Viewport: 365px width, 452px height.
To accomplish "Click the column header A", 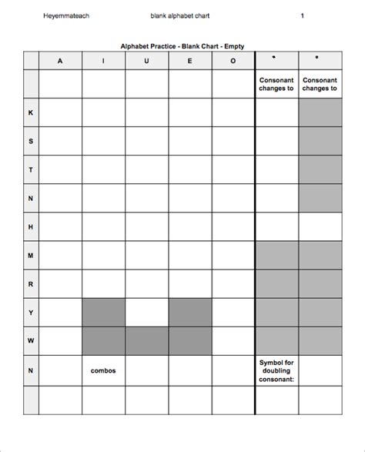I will tap(60, 61).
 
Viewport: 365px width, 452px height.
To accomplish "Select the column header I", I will tap(103, 61).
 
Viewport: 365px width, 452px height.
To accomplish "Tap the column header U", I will tap(146, 61).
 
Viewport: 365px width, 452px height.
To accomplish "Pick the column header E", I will tap(189, 61).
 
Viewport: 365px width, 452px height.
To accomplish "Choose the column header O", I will tap(233, 61).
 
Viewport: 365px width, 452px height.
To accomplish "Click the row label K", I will tap(31, 112).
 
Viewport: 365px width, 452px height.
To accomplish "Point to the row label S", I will tap(31, 141).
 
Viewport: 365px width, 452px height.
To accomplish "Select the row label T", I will tap(31, 169).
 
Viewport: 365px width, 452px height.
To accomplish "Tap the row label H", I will tap(31, 226).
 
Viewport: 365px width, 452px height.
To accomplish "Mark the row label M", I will tap(31, 255).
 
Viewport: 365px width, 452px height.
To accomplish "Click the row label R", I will tap(31, 283).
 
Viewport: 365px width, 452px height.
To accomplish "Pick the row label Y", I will tap(31, 312).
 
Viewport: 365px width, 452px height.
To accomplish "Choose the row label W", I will tap(31, 340).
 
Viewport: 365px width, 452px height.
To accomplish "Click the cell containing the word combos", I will tap(103, 370).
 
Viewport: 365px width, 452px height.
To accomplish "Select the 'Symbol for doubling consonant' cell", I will tap(276, 370).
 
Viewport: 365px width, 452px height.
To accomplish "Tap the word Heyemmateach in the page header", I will tap(66, 15).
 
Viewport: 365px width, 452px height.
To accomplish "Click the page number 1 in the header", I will tap(302, 15).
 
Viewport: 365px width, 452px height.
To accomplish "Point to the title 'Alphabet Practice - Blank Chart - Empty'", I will tap(182, 46).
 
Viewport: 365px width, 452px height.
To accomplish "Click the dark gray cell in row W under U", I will tap(146, 340).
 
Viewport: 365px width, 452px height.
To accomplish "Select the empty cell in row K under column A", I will tap(60, 112).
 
